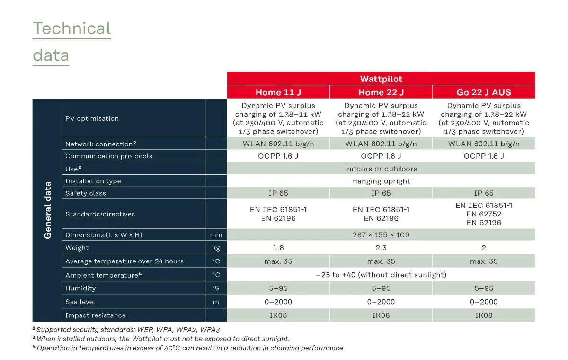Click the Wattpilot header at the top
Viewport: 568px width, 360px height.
click(x=381, y=79)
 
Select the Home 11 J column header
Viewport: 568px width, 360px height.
click(x=278, y=92)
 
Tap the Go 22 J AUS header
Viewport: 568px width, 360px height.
click(x=484, y=92)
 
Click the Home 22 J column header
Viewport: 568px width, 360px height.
click(x=381, y=92)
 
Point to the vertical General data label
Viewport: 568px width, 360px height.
click(x=47, y=210)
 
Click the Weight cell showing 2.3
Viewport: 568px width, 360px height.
click(x=381, y=248)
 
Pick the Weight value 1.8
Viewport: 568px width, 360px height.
click(x=278, y=248)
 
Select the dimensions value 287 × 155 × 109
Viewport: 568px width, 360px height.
click(x=381, y=235)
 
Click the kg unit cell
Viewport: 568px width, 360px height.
click(x=216, y=248)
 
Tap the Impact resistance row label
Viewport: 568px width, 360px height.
click(x=95, y=315)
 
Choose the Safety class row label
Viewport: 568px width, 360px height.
click(x=86, y=193)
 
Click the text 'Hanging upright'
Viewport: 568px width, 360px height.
click(x=381, y=181)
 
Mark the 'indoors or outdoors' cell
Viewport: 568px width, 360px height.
click(x=381, y=169)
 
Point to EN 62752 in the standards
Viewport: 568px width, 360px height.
click(x=484, y=214)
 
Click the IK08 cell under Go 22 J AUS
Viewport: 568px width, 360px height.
click(x=484, y=315)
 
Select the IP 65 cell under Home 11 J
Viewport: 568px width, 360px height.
click(x=278, y=193)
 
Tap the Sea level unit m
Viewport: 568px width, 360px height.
click(x=216, y=302)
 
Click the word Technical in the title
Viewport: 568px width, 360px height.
click(x=71, y=28)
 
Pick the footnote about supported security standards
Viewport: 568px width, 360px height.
click(x=128, y=329)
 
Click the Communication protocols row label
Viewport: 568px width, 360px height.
click(x=109, y=156)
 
